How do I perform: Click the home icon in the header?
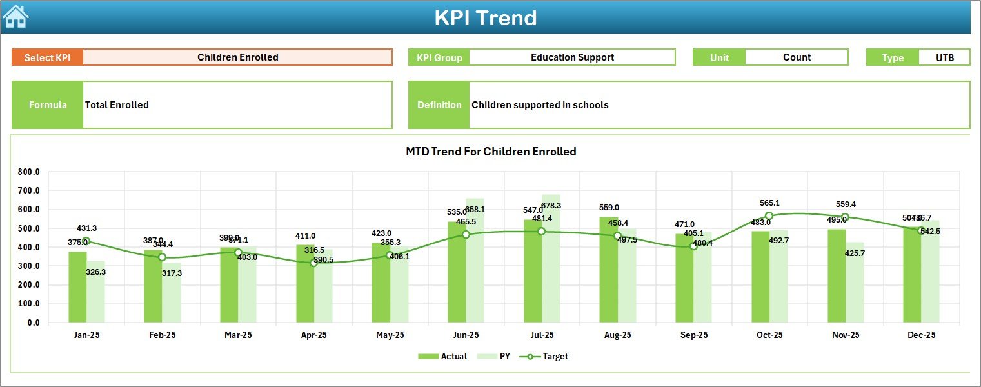click(x=16, y=16)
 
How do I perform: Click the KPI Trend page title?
click(x=485, y=17)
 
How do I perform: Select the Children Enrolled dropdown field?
click(x=237, y=57)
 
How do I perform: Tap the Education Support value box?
click(x=572, y=57)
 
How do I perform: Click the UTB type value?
click(x=944, y=57)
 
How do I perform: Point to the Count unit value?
click(x=797, y=57)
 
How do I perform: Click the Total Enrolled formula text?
click(x=117, y=105)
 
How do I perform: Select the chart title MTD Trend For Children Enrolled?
click(x=491, y=152)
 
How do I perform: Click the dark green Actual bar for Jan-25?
click(x=77, y=287)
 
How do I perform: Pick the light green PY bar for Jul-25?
click(x=551, y=258)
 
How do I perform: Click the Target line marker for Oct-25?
click(x=769, y=216)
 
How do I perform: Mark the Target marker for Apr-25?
click(x=313, y=263)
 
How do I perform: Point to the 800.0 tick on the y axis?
click(x=29, y=172)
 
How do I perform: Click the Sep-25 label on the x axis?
click(x=693, y=335)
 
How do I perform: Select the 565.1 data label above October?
click(x=769, y=203)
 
